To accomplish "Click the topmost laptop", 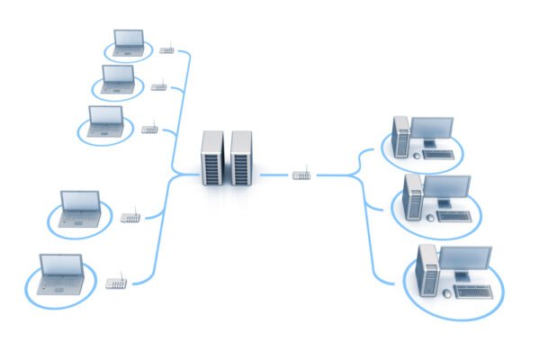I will point(127,42).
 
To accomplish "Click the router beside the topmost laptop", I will point(166,49).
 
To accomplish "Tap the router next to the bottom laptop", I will point(116,283).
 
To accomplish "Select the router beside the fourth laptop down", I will point(130,217).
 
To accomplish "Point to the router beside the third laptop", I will point(149,129).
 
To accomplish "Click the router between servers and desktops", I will point(302,174).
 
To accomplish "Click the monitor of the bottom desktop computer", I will point(464,263).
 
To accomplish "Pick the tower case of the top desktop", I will point(401,137).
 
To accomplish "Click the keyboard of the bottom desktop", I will point(477,292).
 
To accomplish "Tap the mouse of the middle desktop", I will point(430,217).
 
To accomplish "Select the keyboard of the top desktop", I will point(439,154).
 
